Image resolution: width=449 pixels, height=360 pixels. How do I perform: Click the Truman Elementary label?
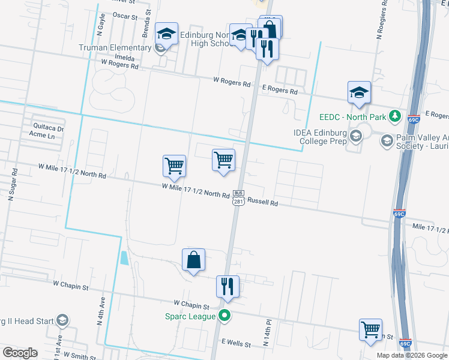(115, 47)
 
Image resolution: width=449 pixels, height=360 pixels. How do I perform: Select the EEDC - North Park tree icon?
(394, 115)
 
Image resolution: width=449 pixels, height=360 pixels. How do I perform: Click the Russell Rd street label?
(262, 203)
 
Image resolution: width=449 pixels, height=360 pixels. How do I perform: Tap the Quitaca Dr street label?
(47, 127)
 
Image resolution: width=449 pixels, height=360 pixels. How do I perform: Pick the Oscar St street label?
(124, 15)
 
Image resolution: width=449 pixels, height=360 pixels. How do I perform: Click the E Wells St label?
(235, 343)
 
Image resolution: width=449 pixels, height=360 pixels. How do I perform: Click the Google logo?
(20, 352)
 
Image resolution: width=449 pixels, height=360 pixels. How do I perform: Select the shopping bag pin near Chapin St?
(194, 260)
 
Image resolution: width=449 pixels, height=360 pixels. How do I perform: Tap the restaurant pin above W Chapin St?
(228, 286)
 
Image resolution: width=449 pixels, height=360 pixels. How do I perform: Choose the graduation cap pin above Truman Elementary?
(166, 34)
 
